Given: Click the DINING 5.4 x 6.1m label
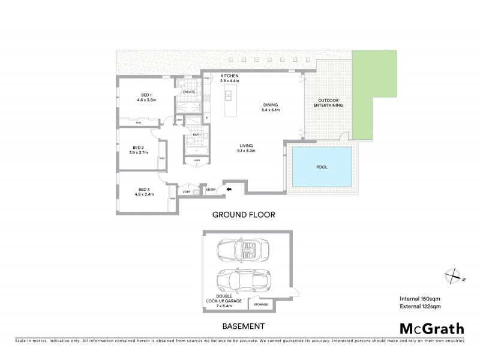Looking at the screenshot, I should pyautogui.click(x=271, y=107).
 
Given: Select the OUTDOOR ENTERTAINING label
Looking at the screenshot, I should pyautogui.click(x=331, y=103).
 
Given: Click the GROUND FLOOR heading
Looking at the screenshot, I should pyautogui.click(x=243, y=214).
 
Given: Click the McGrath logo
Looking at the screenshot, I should pyautogui.click(x=431, y=328).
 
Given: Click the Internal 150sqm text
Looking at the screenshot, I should pyautogui.click(x=420, y=298).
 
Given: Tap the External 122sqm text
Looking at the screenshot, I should pyautogui.click(x=420, y=307).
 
